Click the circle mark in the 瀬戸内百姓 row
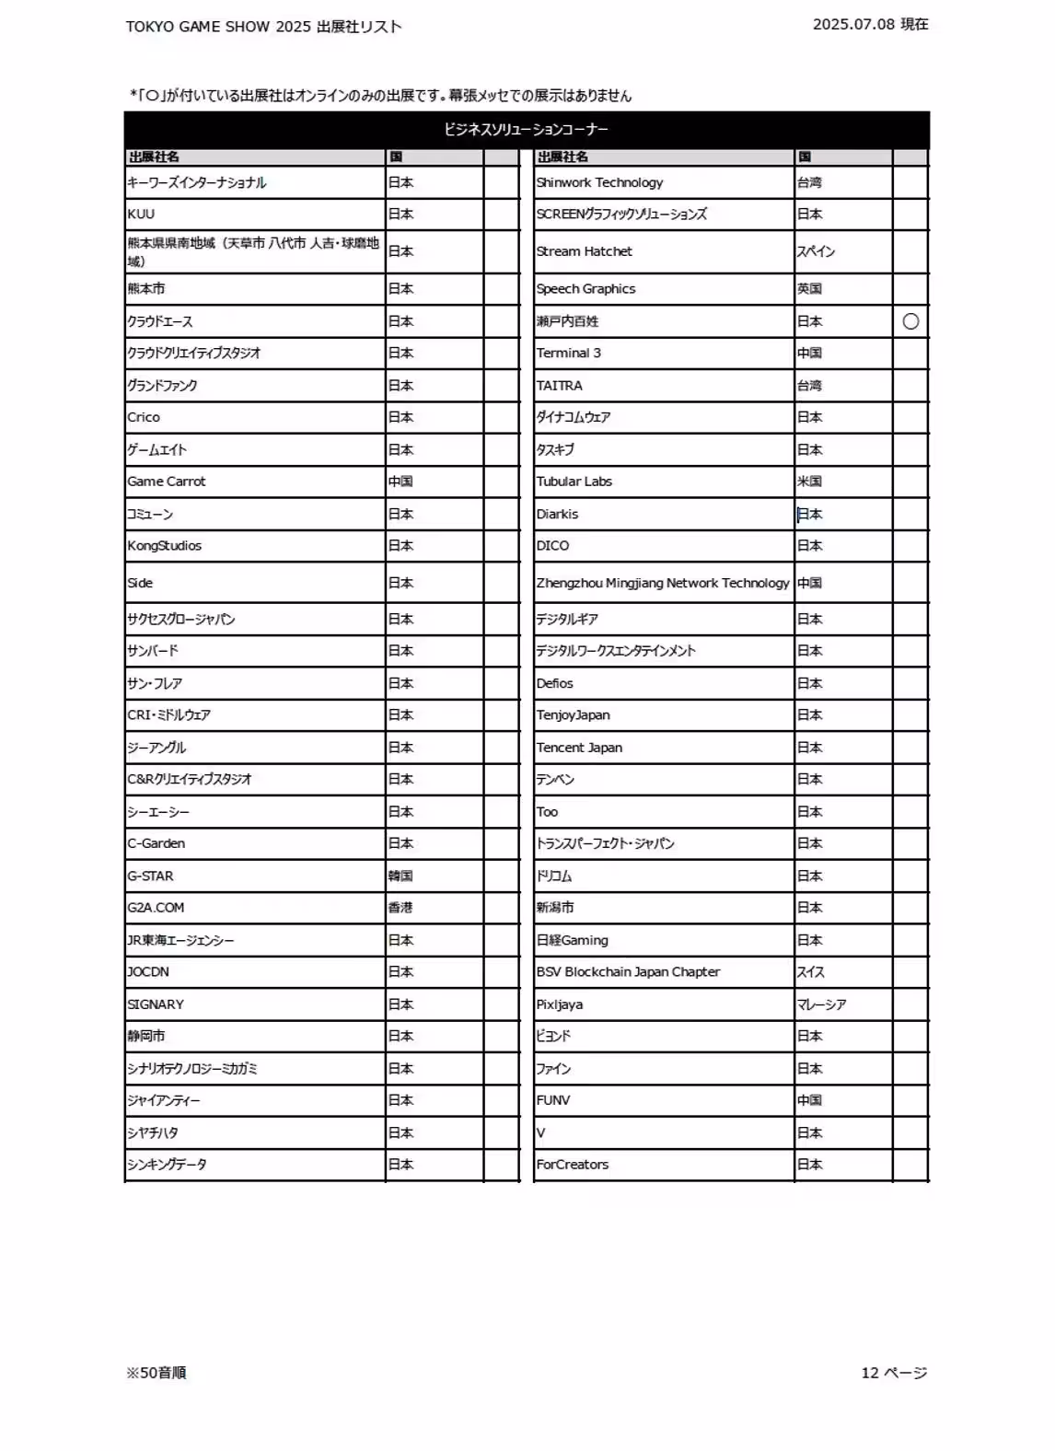(x=910, y=321)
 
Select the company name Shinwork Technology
(x=599, y=182)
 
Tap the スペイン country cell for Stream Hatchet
(x=816, y=251)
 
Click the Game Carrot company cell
(x=167, y=482)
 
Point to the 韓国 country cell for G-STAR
(x=400, y=876)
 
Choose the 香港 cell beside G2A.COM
(x=400, y=908)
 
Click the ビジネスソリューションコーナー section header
(x=526, y=130)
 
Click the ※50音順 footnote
(x=157, y=1373)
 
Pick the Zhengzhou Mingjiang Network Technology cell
(x=663, y=583)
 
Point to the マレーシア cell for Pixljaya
(x=821, y=1004)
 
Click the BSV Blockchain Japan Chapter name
(x=628, y=972)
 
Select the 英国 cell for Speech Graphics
(x=809, y=289)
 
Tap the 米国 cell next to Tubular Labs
(x=809, y=482)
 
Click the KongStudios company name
(x=165, y=546)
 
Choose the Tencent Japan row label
(x=579, y=748)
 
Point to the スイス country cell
(x=811, y=972)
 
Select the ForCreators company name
(x=573, y=1165)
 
